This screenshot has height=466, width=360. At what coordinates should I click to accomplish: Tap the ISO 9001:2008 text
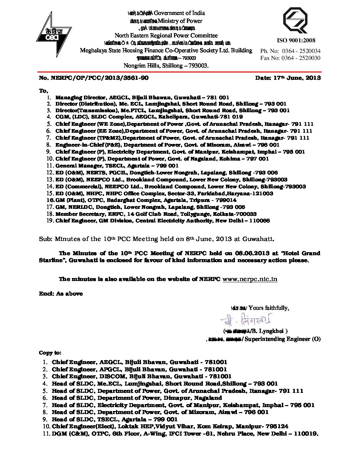pos(296,40)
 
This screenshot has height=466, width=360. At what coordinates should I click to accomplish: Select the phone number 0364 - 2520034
pos(301,51)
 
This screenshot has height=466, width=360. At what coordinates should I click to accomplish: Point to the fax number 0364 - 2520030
pos(301,58)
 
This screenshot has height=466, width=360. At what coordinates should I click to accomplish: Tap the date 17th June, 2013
pos(288,78)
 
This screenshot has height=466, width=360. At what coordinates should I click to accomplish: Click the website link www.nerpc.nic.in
pos(250,279)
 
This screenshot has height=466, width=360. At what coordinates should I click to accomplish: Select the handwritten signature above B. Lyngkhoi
pos(246,320)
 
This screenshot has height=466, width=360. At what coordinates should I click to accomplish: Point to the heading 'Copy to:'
pos(50,353)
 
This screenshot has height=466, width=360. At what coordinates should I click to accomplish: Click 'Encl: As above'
pos(61,294)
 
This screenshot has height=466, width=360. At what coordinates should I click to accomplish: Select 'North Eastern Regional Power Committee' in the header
pos(166,35)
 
